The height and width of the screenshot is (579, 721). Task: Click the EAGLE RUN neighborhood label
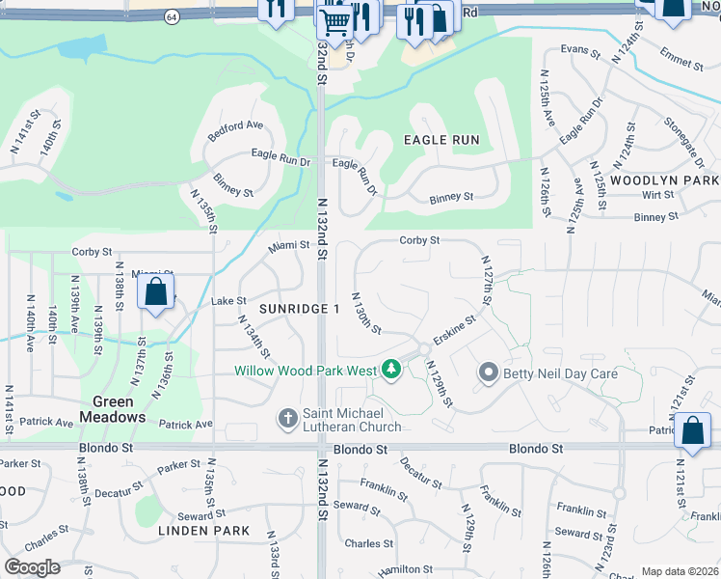[x=441, y=140]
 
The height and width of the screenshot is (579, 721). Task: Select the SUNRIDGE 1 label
[x=300, y=308]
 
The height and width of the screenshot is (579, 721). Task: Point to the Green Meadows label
[x=119, y=409]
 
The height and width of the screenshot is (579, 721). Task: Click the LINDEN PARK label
[x=204, y=531]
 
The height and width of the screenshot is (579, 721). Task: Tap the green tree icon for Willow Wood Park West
[x=391, y=369]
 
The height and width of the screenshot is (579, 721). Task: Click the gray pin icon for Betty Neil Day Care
[x=489, y=372]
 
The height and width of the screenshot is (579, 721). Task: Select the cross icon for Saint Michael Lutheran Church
[x=287, y=419]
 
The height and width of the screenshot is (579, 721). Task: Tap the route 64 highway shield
[x=171, y=17]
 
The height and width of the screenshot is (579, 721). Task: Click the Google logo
[x=32, y=567]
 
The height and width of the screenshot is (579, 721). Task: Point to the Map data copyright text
[x=680, y=571]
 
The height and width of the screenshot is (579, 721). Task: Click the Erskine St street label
[x=454, y=328]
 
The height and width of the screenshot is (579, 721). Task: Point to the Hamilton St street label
[x=399, y=571]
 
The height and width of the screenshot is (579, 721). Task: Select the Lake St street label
[x=228, y=301]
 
